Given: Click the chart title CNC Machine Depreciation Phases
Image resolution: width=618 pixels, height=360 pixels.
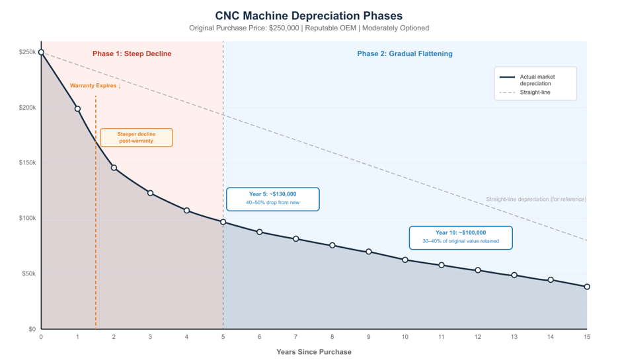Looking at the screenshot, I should (309, 15).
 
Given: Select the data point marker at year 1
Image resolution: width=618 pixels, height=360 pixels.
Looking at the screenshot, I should (77, 109).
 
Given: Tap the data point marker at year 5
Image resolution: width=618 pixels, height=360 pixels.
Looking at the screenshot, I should (223, 222).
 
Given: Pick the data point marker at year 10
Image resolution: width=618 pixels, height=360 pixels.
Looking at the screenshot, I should (405, 260).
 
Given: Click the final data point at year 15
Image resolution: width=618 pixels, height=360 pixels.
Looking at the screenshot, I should (587, 287).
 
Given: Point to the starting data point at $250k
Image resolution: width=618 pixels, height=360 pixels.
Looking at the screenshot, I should (41, 52).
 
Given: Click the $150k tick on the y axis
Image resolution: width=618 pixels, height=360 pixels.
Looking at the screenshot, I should (27, 163).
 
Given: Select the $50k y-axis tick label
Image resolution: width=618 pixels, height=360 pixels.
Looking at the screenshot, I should (27, 273).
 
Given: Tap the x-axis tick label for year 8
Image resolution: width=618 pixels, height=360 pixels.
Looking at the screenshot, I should (332, 337).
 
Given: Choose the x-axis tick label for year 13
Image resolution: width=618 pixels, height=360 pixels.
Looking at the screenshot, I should (514, 337).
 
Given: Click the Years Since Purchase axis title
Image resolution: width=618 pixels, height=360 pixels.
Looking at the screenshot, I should (314, 352).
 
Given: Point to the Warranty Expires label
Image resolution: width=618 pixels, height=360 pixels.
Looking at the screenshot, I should (95, 86).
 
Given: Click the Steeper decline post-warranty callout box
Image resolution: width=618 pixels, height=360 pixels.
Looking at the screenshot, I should (136, 137).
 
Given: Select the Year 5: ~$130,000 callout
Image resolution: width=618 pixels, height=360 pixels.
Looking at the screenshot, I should (272, 198).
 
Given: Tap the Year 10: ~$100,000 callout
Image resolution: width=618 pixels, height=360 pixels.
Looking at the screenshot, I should (460, 237).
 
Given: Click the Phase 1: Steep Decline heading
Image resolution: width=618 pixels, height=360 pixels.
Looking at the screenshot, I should (132, 54).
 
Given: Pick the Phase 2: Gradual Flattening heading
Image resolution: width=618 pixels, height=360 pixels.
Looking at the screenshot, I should (405, 54).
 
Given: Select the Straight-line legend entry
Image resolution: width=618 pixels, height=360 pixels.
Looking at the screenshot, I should (535, 92).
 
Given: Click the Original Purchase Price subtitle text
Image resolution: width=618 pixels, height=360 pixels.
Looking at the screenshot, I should (309, 28).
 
